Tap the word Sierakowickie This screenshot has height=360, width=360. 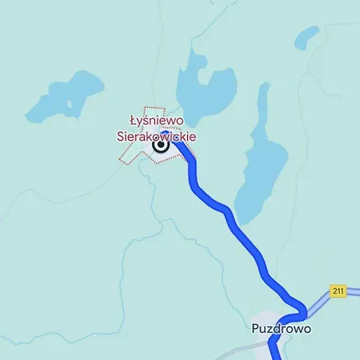(159, 137)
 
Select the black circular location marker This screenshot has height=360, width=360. (161, 146)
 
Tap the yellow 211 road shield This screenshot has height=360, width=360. (338, 291)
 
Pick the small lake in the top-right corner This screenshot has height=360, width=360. (306, 37)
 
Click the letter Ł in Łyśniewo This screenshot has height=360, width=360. (134, 122)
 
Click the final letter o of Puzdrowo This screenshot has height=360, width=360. (306, 329)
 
